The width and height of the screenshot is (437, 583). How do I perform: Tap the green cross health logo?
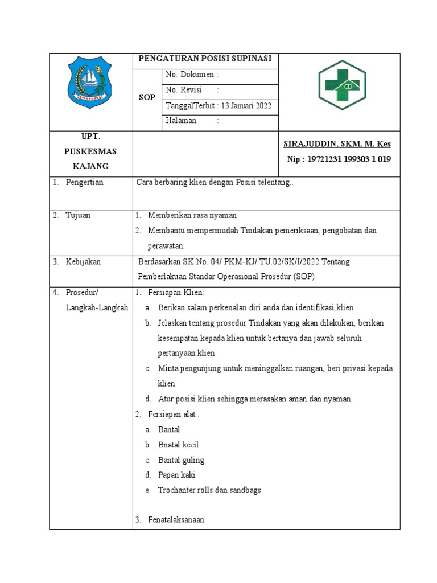point(341,85)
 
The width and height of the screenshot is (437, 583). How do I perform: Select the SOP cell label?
point(147,98)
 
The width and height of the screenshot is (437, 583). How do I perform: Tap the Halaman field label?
point(181,121)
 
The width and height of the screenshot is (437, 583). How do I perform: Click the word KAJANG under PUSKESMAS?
point(90,166)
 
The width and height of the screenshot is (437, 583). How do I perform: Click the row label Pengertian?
point(85,183)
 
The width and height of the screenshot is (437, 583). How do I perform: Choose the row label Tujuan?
point(79,215)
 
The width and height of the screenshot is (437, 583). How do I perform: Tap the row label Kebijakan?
point(84,262)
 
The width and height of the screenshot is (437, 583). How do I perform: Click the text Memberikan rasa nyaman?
point(192,215)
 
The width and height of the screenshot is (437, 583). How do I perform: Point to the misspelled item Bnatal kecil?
point(178,445)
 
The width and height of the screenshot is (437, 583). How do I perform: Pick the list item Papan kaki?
point(177,475)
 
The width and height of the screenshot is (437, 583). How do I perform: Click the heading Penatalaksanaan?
point(176,520)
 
